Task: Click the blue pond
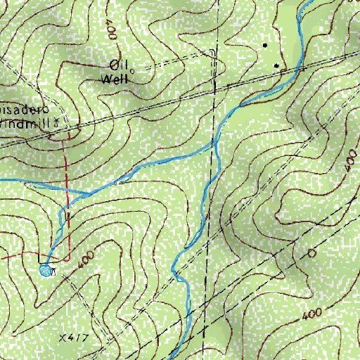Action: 46,270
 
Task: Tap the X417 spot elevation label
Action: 72,338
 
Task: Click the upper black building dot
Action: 265,45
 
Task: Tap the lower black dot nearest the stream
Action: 277,67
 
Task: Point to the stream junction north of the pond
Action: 87,192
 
